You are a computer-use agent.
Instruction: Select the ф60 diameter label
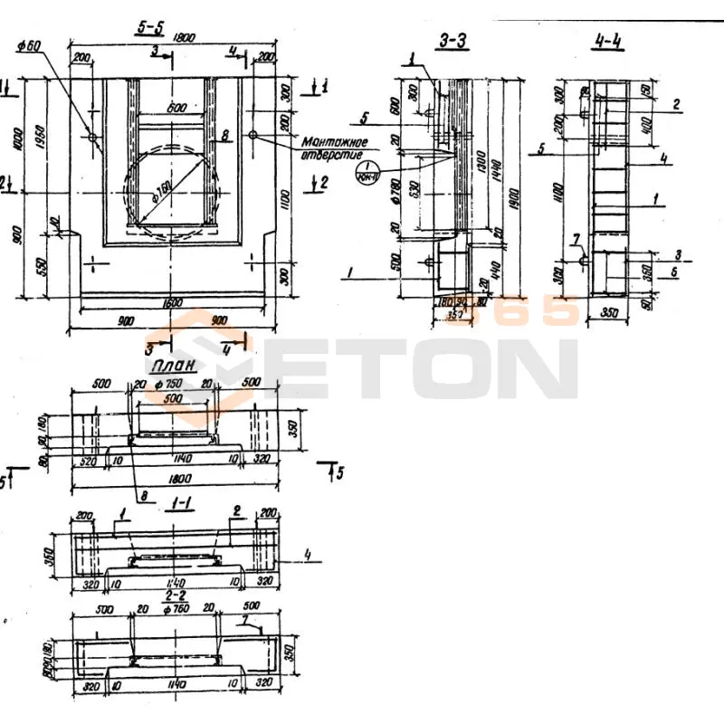32,45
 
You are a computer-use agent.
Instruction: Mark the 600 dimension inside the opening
176,108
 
